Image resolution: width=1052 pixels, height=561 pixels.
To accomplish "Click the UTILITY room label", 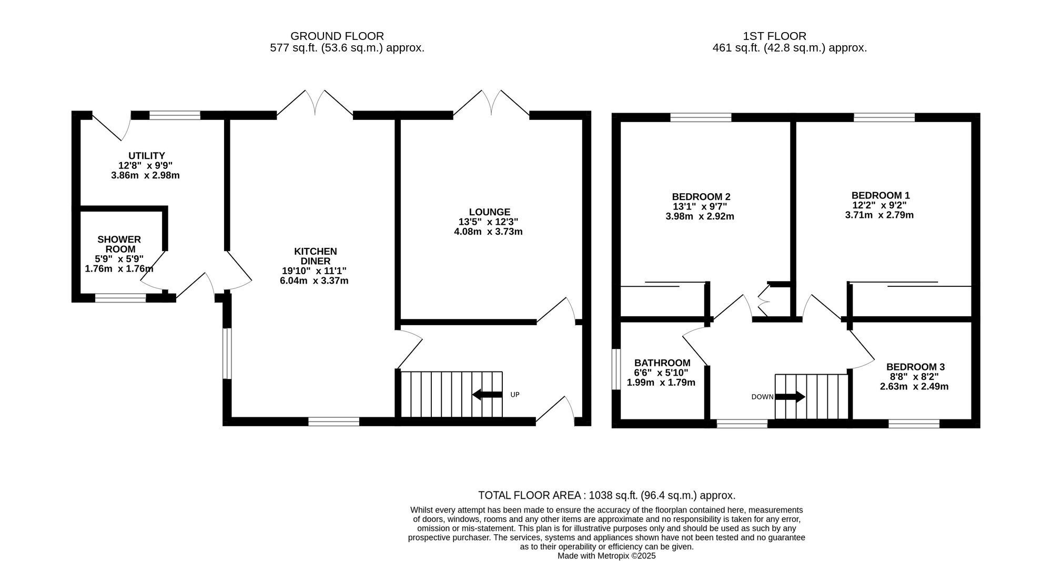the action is tap(147, 156).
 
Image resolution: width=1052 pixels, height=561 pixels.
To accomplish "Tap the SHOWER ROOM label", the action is tap(119, 244).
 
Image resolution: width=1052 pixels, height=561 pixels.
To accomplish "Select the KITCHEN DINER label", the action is tap(315, 256).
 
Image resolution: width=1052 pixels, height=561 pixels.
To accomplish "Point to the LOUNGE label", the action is tap(490, 212).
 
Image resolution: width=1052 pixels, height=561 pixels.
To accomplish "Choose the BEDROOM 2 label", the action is tap(701, 197).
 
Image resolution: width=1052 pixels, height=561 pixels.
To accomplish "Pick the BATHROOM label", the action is tap(662, 363).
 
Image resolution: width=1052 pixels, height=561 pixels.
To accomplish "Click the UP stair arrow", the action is tap(487, 394).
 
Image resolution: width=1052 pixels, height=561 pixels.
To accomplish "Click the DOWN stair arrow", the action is tap(790, 396).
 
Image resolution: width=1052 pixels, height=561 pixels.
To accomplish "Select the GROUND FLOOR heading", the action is tap(337, 36).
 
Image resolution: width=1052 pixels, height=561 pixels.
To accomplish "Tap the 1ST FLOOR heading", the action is tap(774, 36).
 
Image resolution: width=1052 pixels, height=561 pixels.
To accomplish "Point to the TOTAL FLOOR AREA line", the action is tap(606, 495).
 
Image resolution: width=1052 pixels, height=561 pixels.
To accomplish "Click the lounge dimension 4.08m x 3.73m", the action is tap(488, 232).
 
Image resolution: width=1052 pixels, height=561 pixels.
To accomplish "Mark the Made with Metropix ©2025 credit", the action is tap(606, 556).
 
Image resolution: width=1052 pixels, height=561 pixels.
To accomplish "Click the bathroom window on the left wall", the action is tap(616, 368).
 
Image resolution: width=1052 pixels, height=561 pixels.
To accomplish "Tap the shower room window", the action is tap(120, 298).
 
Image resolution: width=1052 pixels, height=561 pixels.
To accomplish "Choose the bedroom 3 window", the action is tap(914, 424).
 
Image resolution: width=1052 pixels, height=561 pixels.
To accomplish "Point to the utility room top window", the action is tap(175, 115).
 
